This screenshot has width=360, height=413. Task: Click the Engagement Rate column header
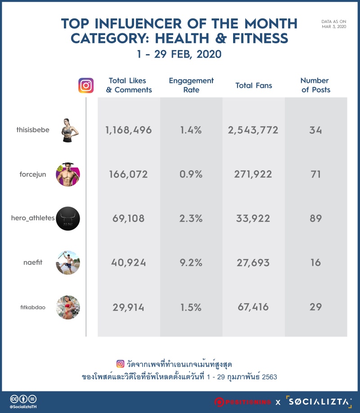click(x=191, y=85)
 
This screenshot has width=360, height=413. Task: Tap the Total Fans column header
click(x=254, y=85)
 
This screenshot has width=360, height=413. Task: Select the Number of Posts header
click(x=315, y=85)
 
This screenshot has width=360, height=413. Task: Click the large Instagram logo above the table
click(x=86, y=85)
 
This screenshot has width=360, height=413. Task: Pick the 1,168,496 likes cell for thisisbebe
click(x=128, y=130)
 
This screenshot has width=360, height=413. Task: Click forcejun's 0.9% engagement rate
click(x=191, y=174)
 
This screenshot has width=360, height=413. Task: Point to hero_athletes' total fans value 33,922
click(x=253, y=218)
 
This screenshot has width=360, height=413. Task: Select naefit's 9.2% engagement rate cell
click(x=191, y=263)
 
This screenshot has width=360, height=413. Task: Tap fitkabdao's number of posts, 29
click(x=315, y=307)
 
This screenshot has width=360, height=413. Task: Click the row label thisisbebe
click(x=33, y=130)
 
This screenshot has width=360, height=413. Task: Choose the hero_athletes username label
click(x=33, y=218)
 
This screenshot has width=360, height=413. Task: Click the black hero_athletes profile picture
click(x=68, y=218)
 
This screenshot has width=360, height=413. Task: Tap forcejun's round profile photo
click(x=68, y=174)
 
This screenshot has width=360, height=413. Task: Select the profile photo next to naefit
click(x=68, y=263)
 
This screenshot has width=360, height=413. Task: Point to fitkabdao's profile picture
click(x=68, y=307)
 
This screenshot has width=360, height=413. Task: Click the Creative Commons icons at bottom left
click(x=23, y=399)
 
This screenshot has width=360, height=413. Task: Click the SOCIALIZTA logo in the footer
click(x=319, y=402)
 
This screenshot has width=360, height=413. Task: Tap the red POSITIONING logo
click(x=243, y=402)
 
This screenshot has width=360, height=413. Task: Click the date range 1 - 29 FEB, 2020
click(x=179, y=54)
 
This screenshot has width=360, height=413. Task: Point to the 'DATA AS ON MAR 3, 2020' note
click(x=334, y=24)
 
